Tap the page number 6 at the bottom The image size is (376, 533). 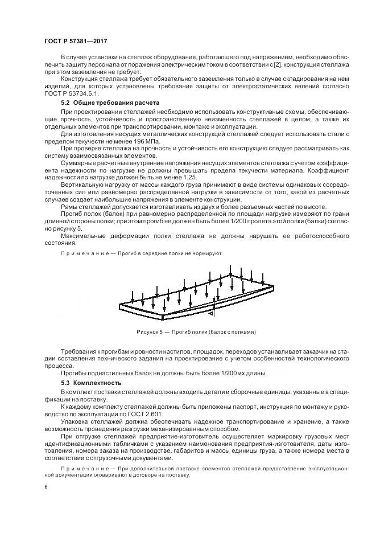click(x=46, y=487)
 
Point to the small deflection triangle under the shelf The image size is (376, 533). click(x=211, y=313)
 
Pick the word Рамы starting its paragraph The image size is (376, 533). click(x=69, y=207)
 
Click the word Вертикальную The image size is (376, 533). click(x=82, y=184)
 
